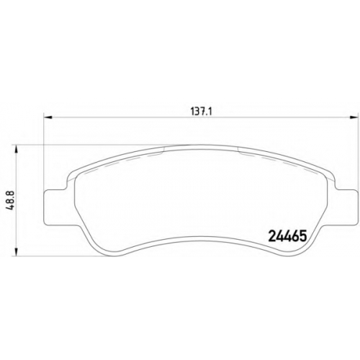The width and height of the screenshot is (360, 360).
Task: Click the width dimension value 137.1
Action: (201, 112)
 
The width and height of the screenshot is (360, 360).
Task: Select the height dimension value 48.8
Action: (12, 201)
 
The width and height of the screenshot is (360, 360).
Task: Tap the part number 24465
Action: (287, 236)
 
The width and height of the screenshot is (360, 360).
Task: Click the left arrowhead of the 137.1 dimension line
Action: (48, 117)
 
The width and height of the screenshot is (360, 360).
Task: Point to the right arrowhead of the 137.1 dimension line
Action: (354, 117)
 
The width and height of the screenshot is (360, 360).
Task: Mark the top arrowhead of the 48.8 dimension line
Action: (16, 149)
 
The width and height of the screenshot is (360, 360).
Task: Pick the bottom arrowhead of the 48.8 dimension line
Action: (16, 252)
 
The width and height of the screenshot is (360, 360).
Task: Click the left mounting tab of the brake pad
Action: (55, 207)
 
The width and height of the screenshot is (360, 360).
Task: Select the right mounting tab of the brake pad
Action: (346, 207)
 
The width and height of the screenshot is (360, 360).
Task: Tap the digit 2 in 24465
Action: (271, 236)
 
